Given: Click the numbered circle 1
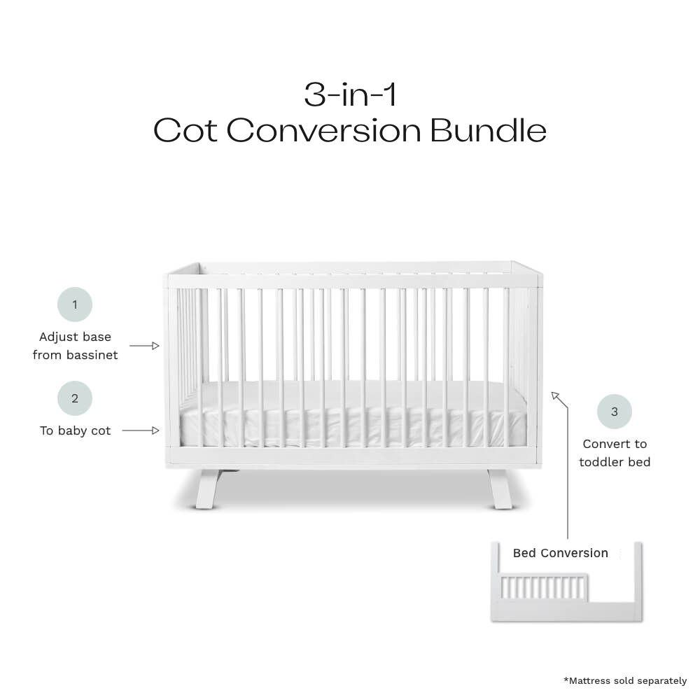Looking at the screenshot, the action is [x=75, y=304].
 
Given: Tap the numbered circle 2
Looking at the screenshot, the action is [x=75, y=398].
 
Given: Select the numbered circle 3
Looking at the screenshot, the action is [x=615, y=412].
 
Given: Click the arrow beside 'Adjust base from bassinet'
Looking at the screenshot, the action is [x=144, y=346].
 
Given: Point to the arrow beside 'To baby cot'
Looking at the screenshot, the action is [x=141, y=430].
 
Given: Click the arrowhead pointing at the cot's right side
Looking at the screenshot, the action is [x=555, y=395].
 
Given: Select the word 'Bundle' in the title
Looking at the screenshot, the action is [x=489, y=130].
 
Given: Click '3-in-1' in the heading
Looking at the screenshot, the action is [x=350, y=94].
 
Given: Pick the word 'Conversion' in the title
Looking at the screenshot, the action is [x=323, y=130].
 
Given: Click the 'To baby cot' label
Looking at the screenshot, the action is [x=75, y=430].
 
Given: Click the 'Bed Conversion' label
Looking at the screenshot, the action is [x=560, y=553].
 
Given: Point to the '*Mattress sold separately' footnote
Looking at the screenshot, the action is [x=625, y=681].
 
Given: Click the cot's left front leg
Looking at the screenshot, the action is [x=208, y=489].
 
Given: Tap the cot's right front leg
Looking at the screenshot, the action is [x=500, y=489].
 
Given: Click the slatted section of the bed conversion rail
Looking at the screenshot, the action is [x=542, y=587].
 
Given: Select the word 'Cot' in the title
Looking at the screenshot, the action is [x=185, y=130].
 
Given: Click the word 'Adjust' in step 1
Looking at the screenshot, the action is [x=56, y=337].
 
